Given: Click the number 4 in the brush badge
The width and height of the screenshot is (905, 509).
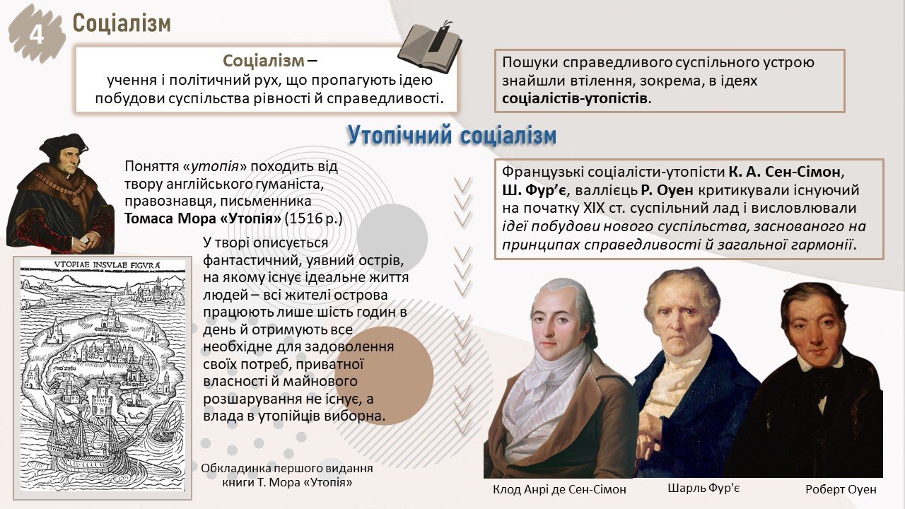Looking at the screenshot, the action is coord(37,35).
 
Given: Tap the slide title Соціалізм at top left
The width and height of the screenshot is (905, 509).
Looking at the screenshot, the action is coord(122,23).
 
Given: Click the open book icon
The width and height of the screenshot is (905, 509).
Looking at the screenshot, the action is coord(429,49).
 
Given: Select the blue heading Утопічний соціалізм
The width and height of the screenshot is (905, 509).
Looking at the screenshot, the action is coord(452,135).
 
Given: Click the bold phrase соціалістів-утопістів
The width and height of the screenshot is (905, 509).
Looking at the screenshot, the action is coord(575,98).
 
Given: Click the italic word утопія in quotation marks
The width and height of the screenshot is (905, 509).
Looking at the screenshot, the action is coord(215,166).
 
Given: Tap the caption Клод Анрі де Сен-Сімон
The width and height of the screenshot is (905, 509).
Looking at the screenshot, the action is coord(559,490).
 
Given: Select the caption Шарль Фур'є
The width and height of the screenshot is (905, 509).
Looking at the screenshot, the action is coord(703,488).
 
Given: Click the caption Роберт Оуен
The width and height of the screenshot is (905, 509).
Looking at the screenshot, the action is coord(841,489).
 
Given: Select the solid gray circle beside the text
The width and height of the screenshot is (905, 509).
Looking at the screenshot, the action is coord(392,239).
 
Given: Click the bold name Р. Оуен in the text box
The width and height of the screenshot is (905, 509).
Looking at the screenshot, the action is coord(667,190).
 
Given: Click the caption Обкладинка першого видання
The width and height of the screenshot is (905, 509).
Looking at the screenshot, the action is coord(287,469).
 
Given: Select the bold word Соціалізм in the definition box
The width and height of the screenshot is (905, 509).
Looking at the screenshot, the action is coord(264,61).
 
